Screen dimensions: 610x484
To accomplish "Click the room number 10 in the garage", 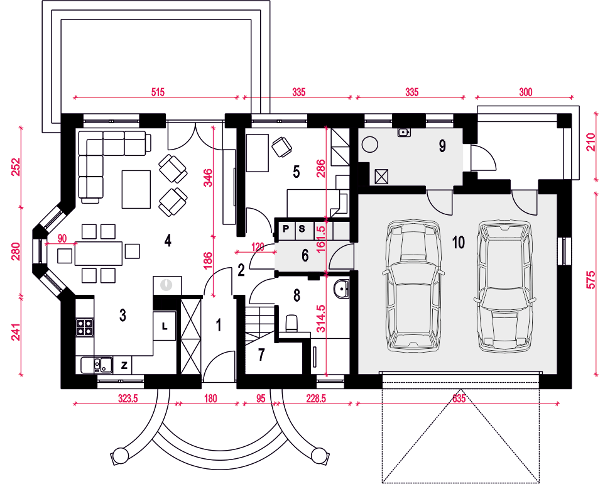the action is click(458, 242).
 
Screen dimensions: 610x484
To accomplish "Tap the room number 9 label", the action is click(442, 146).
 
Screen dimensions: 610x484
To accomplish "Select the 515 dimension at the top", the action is click(158, 92).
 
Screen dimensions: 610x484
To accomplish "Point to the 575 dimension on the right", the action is click(591, 280).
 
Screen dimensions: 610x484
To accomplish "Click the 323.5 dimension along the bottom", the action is click(128, 399).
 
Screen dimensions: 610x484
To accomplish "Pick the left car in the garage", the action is click(413, 286).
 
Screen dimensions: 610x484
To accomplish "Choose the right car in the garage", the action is click(504, 287).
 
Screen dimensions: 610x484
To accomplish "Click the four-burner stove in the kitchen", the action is click(84, 327).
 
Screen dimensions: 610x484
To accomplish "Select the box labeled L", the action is click(164, 326).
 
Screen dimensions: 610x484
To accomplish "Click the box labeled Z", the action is click(124, 365).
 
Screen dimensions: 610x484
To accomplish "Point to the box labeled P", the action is click(286, 229).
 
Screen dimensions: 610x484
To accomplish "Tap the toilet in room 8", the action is click(291, 324).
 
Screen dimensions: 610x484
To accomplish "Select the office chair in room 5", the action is click(281, 148).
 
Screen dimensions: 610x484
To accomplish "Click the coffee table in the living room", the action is click(136, 189).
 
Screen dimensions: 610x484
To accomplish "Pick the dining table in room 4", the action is click(99, 253).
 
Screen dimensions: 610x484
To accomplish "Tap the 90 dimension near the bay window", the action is click(62, 238).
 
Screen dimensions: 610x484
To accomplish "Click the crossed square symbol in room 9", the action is click(381, 177).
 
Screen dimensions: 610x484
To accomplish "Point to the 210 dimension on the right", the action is click(591, 142).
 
